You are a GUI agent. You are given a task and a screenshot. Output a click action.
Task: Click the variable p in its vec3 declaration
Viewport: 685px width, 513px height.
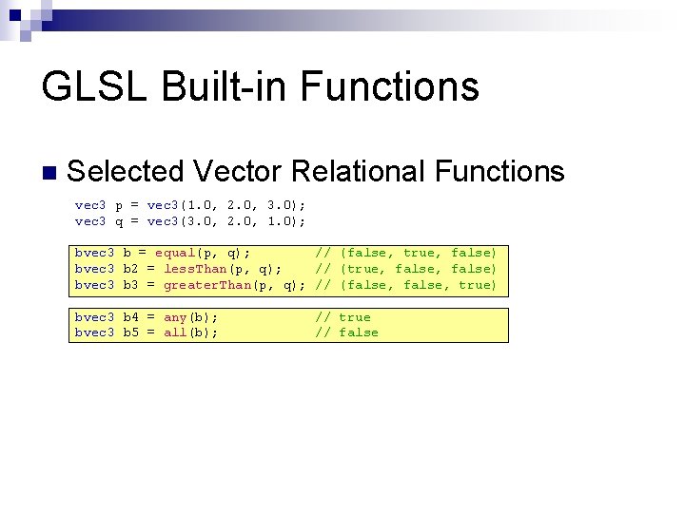[x=119, y=205]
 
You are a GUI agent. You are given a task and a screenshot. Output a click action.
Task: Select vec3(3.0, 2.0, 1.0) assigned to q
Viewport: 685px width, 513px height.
[x=226, y=221]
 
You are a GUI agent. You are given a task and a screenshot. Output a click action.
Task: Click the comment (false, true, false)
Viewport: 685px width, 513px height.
[x=419, y=253]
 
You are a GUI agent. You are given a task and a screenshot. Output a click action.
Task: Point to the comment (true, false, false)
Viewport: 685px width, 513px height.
[x=419, y=269]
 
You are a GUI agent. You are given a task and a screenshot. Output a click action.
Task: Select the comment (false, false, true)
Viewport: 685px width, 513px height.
[x=419, y=285]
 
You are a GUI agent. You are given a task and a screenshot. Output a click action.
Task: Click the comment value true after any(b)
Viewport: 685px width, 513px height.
[x=355, y=317]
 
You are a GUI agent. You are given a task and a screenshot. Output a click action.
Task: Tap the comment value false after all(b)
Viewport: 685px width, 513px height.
[x=359, y=332]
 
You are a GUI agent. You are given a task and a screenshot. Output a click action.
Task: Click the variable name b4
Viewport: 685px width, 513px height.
[x=130, y=317]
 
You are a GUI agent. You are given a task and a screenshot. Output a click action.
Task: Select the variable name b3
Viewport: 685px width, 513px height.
[x=130, y=285]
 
